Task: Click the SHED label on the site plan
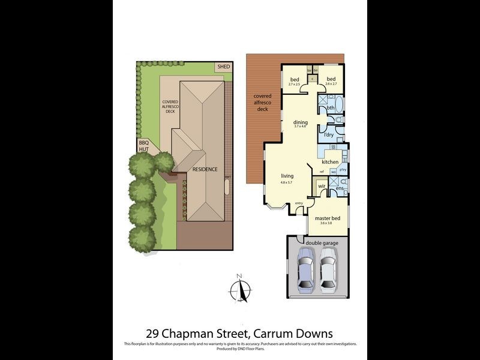click(x=223, y=67)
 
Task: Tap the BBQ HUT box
click(x=143, y=145)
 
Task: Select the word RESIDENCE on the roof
click(x=205, y=169)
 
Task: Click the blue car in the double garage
click(x=305, y=272)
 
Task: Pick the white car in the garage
click(x=328, y=272)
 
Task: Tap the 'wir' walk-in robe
click(x=321, y=187)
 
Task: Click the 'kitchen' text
click(x=330, y=162)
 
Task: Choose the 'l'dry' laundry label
click(x=329, y=135)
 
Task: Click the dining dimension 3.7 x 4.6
click(x=300, y=127)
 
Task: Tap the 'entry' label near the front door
click(x=299, y=204)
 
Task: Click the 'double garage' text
click(x=322, y=242)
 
